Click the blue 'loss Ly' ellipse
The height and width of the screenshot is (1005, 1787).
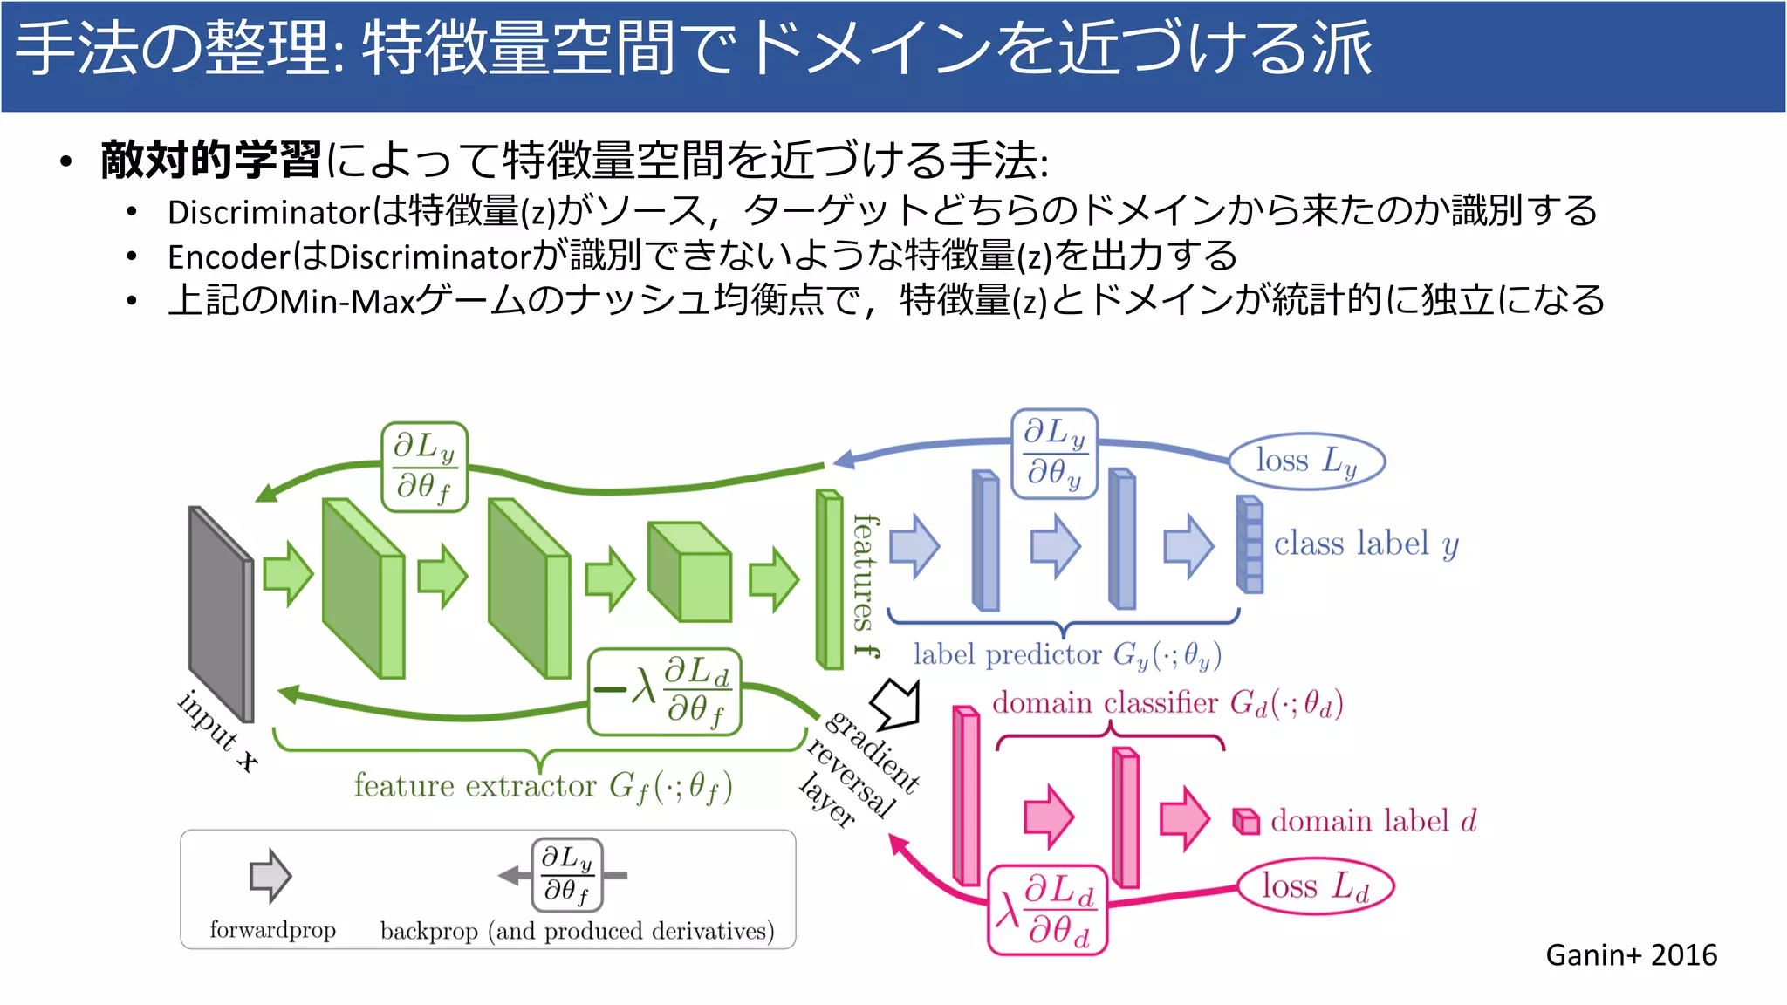point(1306,461)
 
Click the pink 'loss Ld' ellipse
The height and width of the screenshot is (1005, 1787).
point(1315,887)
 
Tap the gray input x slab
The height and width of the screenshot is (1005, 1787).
point(221,613)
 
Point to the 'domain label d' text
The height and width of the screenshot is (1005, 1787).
point(1373,821)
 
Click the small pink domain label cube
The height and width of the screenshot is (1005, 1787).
point(1245,821)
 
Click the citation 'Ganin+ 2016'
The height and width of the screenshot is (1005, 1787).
point(1631,955)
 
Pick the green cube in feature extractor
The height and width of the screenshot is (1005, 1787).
point(689,571)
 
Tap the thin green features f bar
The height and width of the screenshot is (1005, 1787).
point(829,579)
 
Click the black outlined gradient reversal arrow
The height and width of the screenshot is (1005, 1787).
point(897,703)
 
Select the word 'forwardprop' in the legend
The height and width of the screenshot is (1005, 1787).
point(272,930)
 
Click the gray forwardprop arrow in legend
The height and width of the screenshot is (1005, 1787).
point(270,875)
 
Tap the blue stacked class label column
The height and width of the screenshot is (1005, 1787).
point(1250,544)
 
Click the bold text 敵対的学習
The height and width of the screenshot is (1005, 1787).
point(210,161)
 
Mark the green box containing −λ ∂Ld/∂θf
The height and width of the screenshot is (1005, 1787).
point(665,691)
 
